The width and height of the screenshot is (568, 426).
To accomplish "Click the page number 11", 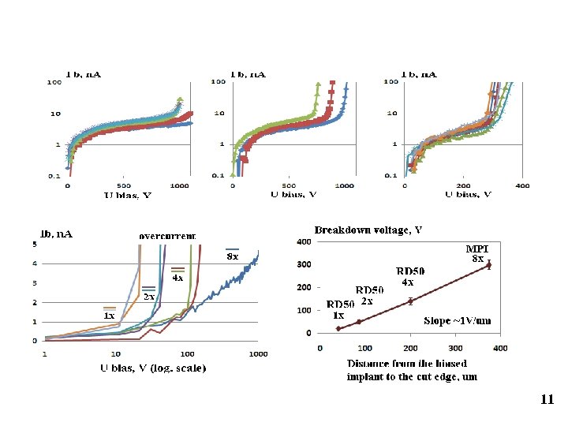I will (547, 400).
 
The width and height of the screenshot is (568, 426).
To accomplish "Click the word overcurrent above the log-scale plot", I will (167, 235).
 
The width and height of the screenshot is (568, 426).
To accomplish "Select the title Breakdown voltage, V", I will (368, 230).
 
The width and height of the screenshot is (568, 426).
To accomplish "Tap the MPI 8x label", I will (478, 252).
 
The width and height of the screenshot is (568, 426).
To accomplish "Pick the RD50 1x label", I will (341, 308).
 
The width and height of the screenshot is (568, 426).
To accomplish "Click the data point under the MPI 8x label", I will (489, 265).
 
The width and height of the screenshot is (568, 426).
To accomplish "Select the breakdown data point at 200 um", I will (410, 301).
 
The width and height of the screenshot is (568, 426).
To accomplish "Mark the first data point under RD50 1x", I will (338, 328).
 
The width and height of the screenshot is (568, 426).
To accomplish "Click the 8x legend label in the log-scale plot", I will (233, 256).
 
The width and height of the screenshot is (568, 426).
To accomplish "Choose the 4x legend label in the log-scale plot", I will (178, 277).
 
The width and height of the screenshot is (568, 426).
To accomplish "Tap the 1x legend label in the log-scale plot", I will (110, 316).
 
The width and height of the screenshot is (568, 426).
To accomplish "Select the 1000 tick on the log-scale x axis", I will (258, 353).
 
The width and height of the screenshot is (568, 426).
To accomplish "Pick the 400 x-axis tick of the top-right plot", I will (522, 185).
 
